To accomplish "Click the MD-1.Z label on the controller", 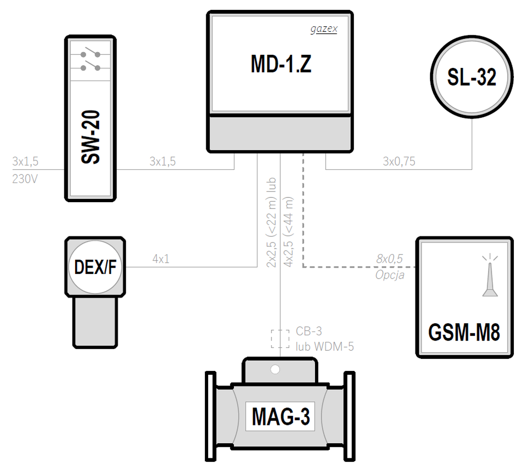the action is coord(281,64).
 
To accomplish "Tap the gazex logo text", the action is coord(324,29).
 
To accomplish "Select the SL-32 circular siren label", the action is coord(472,77).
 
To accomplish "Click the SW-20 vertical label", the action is coord(90,137).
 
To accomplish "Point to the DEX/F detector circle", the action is coord(95,267).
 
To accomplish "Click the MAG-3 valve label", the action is coord(281,416).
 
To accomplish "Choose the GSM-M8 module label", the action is coord(464,332).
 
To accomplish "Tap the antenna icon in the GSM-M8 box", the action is coord(490,275).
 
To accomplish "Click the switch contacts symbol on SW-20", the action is coord(90,61).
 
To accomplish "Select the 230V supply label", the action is coord(25,179).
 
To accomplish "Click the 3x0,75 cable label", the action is coord(399,161).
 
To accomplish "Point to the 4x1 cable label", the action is coord(161,259).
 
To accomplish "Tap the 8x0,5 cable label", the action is coord(389,259).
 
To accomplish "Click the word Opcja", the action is coord(390,275).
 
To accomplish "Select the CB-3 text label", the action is coord(309,331).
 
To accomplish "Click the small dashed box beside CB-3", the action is coord(280,339).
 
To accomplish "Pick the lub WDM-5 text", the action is coord(324,346).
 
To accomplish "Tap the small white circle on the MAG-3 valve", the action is coord(275,370).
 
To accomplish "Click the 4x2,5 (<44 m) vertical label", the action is coord(288,232).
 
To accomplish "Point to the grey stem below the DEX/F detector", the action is coord(95,322).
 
